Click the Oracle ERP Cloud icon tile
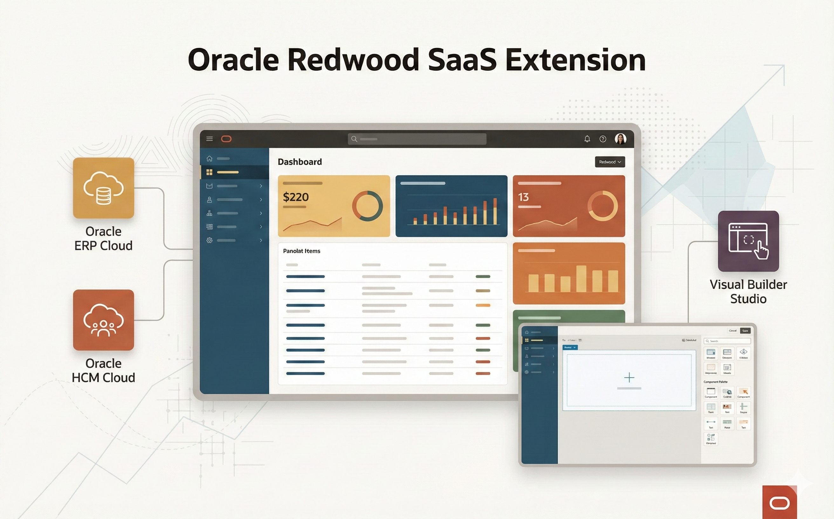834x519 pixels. pyautogui.click(x=103, y=188)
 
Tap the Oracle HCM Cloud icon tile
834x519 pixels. pyautogui.click(x=103, y=320)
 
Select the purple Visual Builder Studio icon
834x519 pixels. pyautogui.click(x=748, y=241)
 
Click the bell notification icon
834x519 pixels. pyautogui.click(x=587, y=139)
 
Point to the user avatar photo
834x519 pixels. pyautogui.click(x=620, y=139)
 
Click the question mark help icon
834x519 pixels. pyautogui.click(x=602, y=139)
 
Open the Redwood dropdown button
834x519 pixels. pyautogui.click(x=610, y=162)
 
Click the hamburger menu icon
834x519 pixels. pyautogui.click(x=209, y=139)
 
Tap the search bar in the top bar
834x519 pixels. pyautogui.click(x=417, y=139)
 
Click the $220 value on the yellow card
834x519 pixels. pyautogui.click(x=296, y=197)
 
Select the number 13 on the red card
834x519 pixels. pyautogui.click(x=523, y=197)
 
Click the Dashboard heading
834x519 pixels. pyautogui.click(x=299, y=162)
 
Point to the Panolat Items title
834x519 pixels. pyautogui.click(x=301, y=251)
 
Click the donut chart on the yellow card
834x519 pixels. pyautogui.click(x=367, y=206)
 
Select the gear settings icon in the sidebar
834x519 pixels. pyautogui.click(x=209, y=240)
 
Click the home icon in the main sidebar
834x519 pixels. pyautogui.click(x=209, y=159)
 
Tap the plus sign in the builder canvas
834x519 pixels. pyautogui.click(x=629, y=377)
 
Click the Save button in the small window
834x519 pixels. pyautogui.click(x=745, y=330)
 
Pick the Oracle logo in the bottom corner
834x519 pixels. pyautogui.click(x=779, y=503)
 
